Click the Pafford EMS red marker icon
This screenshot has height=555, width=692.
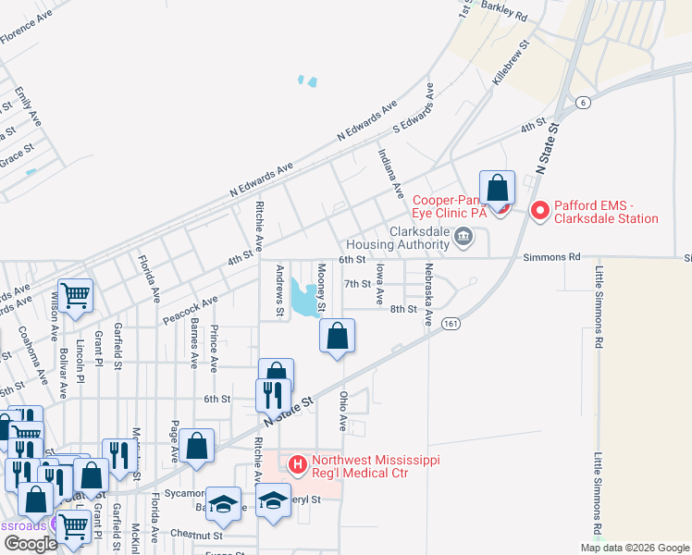[539, 212]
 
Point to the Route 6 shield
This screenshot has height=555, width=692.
[582, 103]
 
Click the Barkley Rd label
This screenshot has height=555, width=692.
[504, 14]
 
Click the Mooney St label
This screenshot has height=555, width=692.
[321, 287]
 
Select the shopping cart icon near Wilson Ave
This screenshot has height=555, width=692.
[76, 296]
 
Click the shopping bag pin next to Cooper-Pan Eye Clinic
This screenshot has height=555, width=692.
[497, 188]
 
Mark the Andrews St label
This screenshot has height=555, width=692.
[280, 290]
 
